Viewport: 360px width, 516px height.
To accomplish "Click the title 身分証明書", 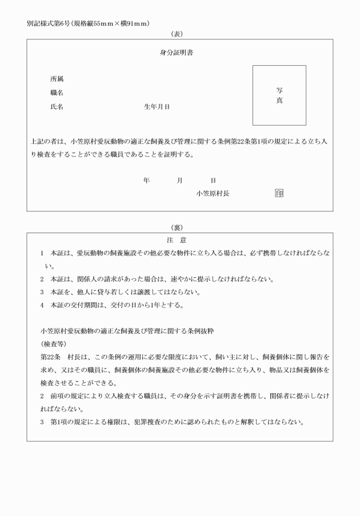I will [x=179, y=54].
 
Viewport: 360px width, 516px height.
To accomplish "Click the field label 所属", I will [x=57, y=79].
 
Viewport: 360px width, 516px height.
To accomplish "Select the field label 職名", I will [x=57, y=93].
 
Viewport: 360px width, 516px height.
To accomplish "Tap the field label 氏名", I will [x=57, y=107].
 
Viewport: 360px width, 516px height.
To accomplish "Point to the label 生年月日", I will [x=157, y=107].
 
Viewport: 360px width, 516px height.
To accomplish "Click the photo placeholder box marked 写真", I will [x=279, y=95].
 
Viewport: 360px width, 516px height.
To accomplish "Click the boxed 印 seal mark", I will [x=279, y=194].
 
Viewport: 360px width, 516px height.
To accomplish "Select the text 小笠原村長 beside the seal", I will [x=213, y=194].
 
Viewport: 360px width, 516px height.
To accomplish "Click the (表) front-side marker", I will [x=179, y=34].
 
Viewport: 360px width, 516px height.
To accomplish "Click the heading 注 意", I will [x=179, y=240].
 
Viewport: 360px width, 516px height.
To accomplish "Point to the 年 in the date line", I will [x=147, y=181].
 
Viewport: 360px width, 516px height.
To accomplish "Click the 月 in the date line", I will [x=180, y=181].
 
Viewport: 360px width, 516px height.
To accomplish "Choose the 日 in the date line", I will [x=213, y=181].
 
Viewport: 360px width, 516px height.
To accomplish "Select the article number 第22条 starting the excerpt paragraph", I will [x=50, y=357].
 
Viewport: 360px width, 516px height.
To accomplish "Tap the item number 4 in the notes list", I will [x=43, y=305].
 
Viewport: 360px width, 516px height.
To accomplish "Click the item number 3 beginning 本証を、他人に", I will [x=43, y=292].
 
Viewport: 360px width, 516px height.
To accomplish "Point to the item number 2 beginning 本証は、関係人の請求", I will [x=43, y=279].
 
